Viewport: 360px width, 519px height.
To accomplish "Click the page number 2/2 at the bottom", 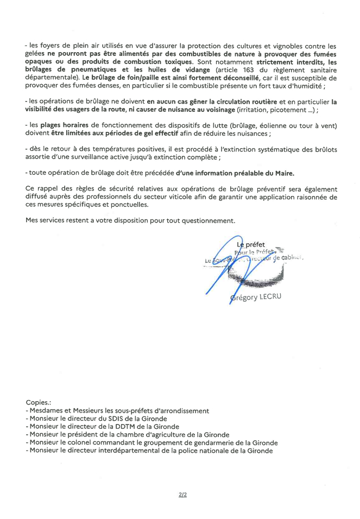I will [182, 495].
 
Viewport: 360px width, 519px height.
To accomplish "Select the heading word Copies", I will [38, 403].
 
